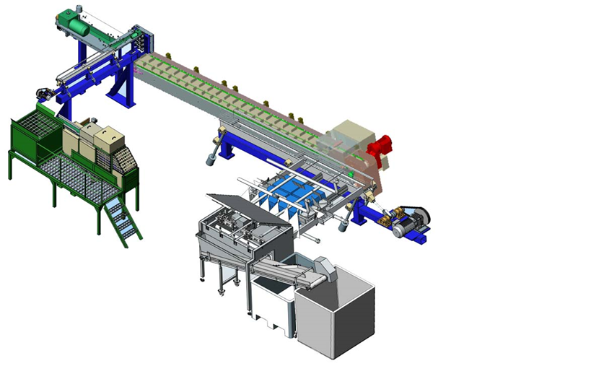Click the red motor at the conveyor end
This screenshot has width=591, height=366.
pos(380,147)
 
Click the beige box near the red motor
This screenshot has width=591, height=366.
pos(349,135)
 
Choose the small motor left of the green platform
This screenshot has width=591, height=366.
pos(44,93)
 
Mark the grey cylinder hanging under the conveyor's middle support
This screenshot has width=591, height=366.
pos(212,158)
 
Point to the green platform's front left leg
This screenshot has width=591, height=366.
pos(10,168)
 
